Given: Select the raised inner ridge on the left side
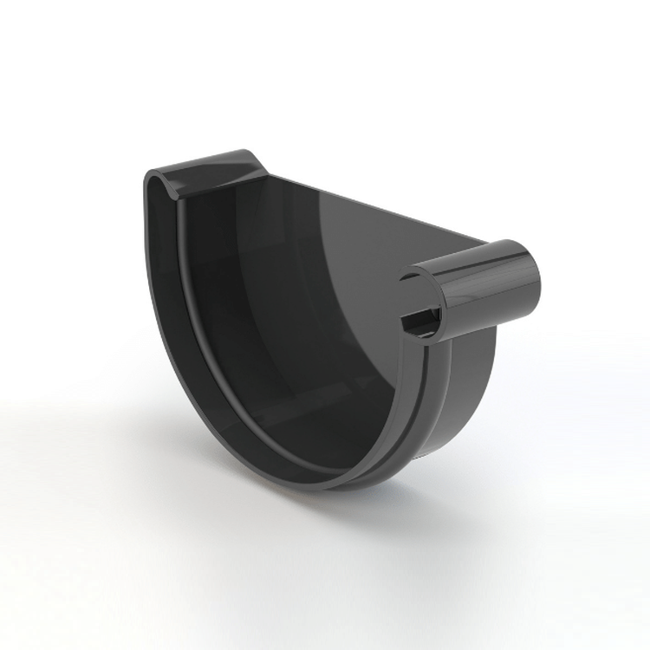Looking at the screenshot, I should click(195, 303).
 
